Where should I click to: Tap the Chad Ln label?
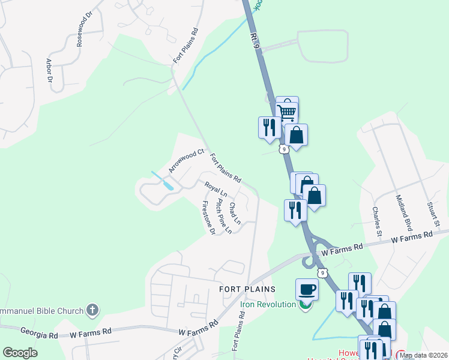pos(235,213)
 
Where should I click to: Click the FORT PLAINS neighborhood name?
pos(247,289)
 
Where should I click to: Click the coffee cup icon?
pos(307,289)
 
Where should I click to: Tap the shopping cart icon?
pos(287,111)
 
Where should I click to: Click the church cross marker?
pos(92,310)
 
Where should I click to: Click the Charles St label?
pos(376,219)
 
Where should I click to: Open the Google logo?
pos(20,353)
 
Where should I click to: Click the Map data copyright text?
pos(423,355)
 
